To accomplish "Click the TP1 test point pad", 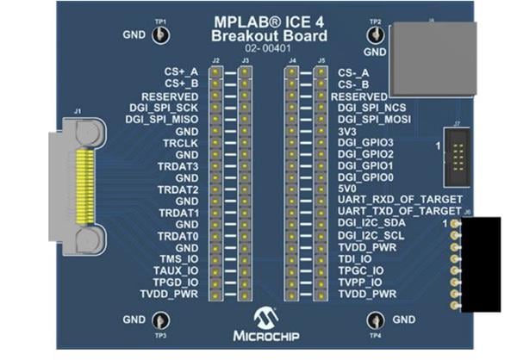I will pos(160,34).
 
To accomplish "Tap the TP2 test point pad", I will pos(376,34).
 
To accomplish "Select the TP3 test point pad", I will pos(160,321).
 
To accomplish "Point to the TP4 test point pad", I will pos(376,321).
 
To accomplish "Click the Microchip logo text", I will pos(268,332).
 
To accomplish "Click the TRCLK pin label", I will pos(182,141).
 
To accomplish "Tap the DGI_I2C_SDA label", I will pos(374,223).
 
